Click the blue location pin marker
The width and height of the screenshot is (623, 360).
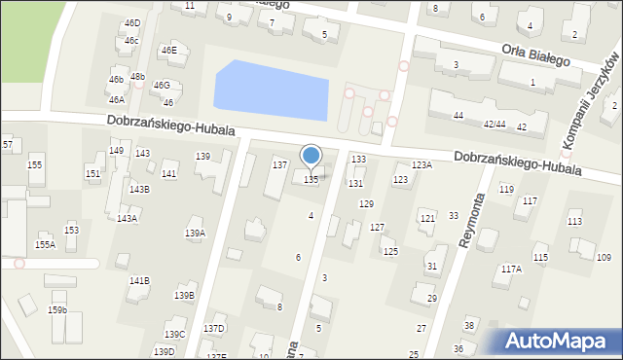click(x=311, y=156)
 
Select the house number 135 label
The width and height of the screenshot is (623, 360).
click(x=311, y=180)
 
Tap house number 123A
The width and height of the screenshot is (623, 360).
click(x=421, y=165)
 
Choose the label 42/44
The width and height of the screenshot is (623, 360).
click(x=495, y=125)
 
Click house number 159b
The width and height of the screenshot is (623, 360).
click(x=57, y=309)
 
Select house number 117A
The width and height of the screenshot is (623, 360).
click(x=511, y=269)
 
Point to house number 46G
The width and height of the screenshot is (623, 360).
click(x=162, y=86)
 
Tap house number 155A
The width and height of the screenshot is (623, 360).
click(x=45, y=245)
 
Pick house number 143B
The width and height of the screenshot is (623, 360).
click(x=139, y=189)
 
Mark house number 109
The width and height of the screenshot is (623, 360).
click(x=605, y=257)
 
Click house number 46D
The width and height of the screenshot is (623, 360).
click(x=132, y=22)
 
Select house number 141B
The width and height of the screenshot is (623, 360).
click(x=139, y=281)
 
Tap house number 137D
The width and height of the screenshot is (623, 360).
click(x=214, y=329)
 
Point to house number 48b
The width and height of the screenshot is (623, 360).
click(x=137, y=76)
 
